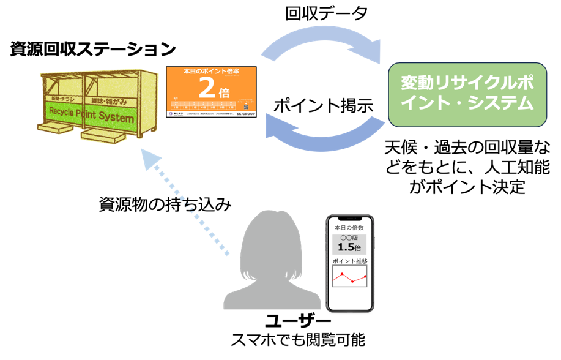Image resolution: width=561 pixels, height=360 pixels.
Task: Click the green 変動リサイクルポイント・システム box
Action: tap(467, 94)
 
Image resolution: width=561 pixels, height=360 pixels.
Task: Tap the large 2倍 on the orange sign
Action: tap(211, 89)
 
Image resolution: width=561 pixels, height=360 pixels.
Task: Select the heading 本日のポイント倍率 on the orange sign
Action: tap(211, 72)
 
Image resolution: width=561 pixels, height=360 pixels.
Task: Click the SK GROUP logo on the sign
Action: tap(245, 114)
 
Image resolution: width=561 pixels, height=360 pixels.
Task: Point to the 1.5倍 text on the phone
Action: tap(349, 248)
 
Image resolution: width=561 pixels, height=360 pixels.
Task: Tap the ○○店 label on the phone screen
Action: tap(349, 238)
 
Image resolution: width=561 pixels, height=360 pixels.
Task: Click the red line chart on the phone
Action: tap(349, 277)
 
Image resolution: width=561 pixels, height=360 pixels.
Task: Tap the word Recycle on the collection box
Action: tap(64, 112)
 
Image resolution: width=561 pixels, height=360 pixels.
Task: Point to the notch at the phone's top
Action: tap(349, 219)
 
